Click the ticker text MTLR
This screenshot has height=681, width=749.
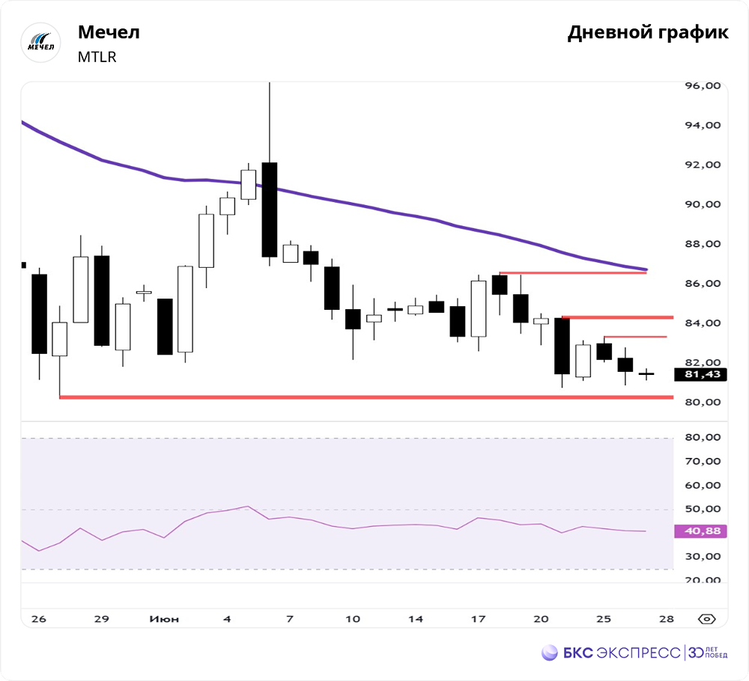coord(97,57)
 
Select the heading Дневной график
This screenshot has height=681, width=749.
coord(647,33)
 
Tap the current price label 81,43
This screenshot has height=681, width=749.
coord(702,374)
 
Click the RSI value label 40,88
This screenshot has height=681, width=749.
coord(702,531)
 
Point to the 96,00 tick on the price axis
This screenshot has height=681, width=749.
coord(703,86)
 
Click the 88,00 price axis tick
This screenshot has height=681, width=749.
coord(703,244)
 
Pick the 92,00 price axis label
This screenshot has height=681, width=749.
coord(703,165)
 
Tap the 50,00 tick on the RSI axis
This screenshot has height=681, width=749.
coord(703,509)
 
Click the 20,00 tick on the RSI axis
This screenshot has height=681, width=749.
coord(703,580)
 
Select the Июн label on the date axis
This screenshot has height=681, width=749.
coord(163,619)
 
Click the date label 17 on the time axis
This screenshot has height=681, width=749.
coord(478,619)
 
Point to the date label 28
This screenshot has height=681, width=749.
coord(666,619)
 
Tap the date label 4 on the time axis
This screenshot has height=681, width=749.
coord(227,619)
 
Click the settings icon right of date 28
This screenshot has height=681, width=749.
coord(706,619)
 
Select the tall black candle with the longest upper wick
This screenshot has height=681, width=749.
coord(269,210)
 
